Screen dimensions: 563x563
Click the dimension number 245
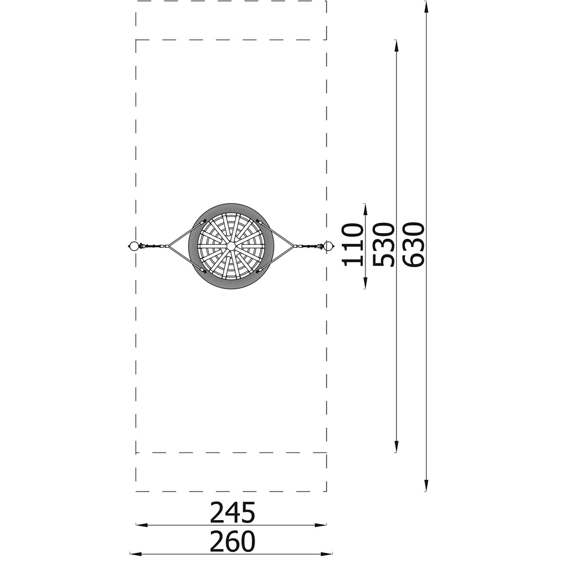click(233, 512)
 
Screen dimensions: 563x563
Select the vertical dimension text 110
click(352, 245)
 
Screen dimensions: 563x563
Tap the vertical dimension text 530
click(383, 245)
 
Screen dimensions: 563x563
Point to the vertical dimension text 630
click(414, 245)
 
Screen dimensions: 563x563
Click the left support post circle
click(133, 247)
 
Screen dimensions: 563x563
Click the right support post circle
click(328, 247)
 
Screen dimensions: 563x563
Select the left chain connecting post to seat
click(154, 247)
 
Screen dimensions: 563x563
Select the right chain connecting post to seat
click(308, 247)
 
